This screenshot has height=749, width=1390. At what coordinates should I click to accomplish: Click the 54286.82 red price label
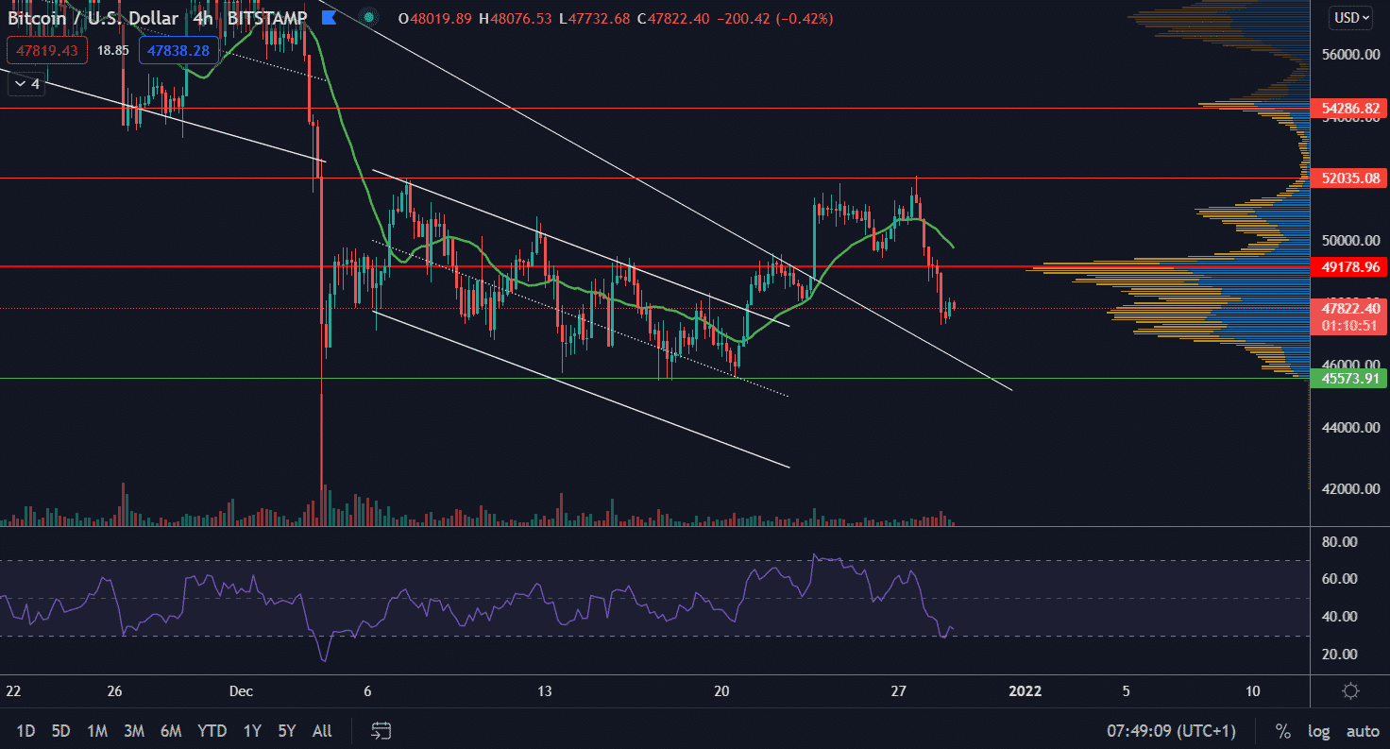point(1349,110)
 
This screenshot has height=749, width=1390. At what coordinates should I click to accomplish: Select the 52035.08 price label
point(1349,179)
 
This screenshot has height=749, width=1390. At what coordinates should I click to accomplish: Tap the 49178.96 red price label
point(1349,267)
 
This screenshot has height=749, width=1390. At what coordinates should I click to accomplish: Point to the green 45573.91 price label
point(1349,379)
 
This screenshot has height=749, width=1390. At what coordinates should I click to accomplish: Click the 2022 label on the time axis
point(1026,690)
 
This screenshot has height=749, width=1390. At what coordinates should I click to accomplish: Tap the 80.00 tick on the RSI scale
point(1340,542)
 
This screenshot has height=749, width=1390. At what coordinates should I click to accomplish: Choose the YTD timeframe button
point(212,730)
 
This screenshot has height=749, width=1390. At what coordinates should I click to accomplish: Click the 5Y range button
point(287,730)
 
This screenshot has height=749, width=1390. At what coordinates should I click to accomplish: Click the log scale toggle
point(1318,731)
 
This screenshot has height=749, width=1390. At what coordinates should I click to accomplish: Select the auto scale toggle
point(1363,731)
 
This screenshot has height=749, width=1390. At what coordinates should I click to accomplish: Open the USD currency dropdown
point(1350,17)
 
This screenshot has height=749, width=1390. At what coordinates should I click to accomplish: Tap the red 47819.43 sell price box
point(46,50)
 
